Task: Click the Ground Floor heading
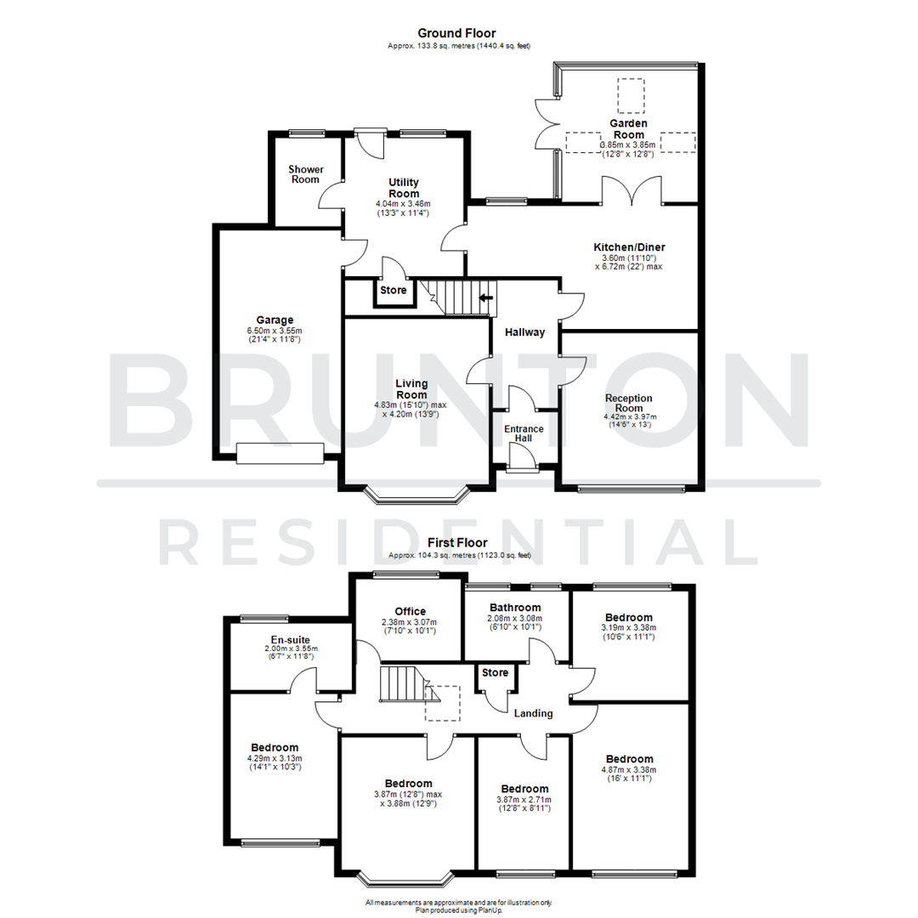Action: pyautogui.click(x=462, y=33)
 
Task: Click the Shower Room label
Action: pyautogui.click(x=305, y=174)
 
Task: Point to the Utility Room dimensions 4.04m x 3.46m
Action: pyautogui.click(x=403, y=204)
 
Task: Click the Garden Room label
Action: pyautogui.click(x=628, y=129)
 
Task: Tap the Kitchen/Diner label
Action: pyautogui.click(x=628, y=247)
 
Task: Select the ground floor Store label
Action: pyautogui.click(x=394, y=291)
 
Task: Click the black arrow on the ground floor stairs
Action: pyautogui.click(x=487, y=297)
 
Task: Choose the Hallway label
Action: pyautogui.click(x=524, y=332)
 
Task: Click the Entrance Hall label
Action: pyautogui.click(x=524, y=434)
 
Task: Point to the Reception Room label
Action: pyautogui.click(x=628, y=403)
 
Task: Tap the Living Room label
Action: pyautogui.click(x=411, y=389)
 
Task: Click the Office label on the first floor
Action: pyautogui.click(x=410, y=611)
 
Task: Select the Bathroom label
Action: pyautogui.click(x=516, y=607)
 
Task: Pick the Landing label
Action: pyautogui.click(x=533, y=713)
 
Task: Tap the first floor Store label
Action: pyautogui.click(x=495, y=672)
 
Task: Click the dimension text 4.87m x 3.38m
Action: pyautogui.click(x=629, y=770)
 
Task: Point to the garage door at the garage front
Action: pyautogui.click(x=279, y=454)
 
